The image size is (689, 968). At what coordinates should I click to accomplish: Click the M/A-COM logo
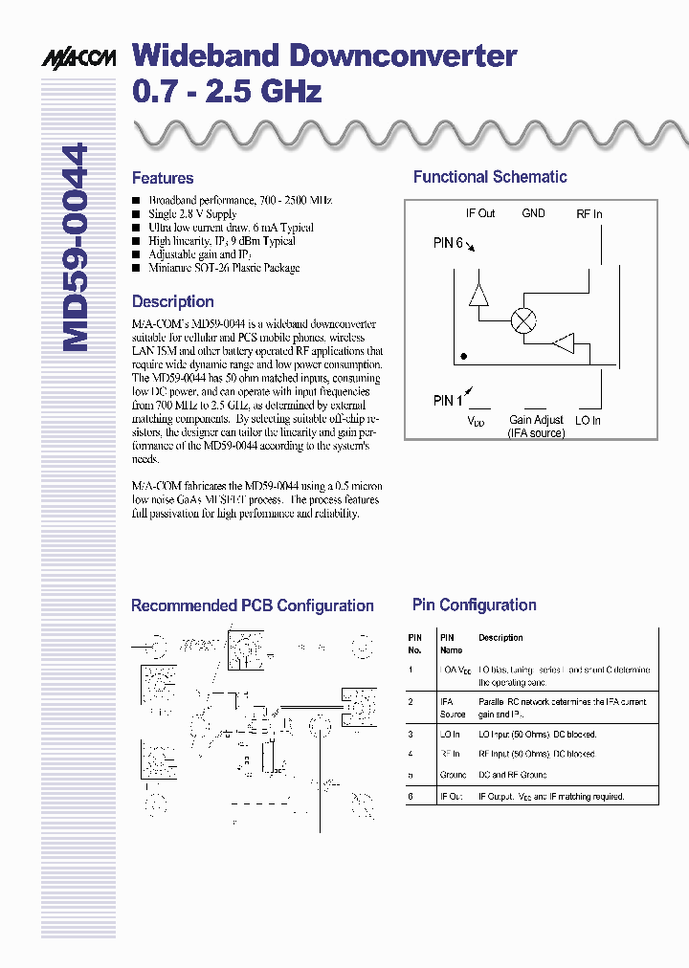tap(78, 58)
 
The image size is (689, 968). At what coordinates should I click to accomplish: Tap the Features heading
tap(163, 178)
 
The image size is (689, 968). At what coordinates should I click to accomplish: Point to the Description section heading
tap(173, 301)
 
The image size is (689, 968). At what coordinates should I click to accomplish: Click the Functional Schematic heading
tap(490, 177)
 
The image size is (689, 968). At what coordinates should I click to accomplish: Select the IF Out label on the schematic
tap(480, 214)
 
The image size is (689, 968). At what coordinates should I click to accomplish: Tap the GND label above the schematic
tap(533, 213)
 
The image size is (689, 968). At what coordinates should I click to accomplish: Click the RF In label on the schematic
tap(589, 214)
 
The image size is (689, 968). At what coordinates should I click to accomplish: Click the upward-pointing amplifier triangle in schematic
tap(479, 295)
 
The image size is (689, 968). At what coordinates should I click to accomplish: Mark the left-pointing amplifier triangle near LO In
tap(564, 343)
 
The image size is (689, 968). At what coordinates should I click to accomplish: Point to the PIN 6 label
tap(449, 243)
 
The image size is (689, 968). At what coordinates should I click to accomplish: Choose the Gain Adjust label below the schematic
tap(536, 420)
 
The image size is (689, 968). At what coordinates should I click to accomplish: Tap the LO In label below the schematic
tap(588, 420)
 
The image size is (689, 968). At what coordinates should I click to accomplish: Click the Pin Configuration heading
tap(474, 605)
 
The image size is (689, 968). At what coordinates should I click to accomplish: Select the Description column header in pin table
tap(500, 638)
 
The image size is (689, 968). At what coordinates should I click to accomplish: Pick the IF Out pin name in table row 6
tap(452, 796)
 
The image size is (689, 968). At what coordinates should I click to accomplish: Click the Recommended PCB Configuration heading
tap(252, 605)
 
